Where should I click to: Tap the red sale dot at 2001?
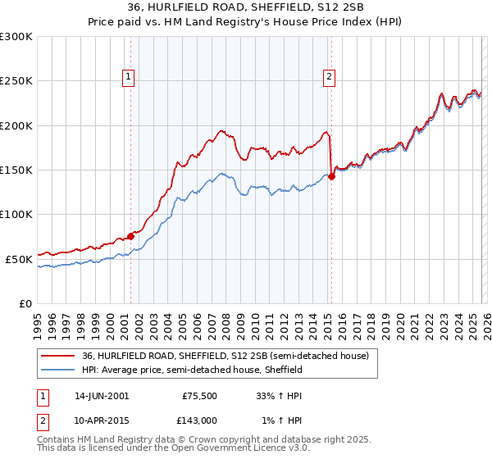pos(130,236)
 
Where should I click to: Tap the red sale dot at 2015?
pos(331,175)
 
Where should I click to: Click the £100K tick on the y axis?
pos(16,215)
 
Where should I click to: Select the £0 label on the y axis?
pos(25,303)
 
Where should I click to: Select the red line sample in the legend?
pos(58,357)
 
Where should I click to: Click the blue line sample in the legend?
pos(58,370)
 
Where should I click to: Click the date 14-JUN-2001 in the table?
pos(102,395)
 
